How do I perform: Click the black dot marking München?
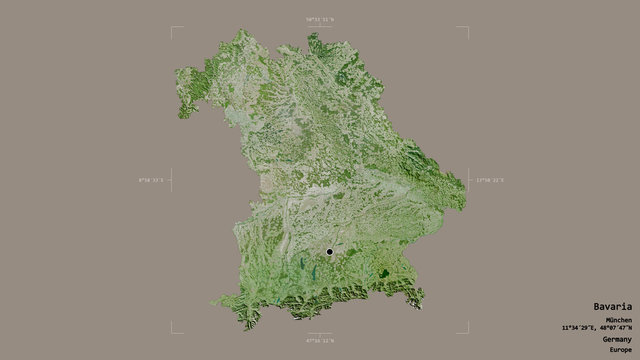328,252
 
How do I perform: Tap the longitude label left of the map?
150,181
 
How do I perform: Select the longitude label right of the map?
489,181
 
